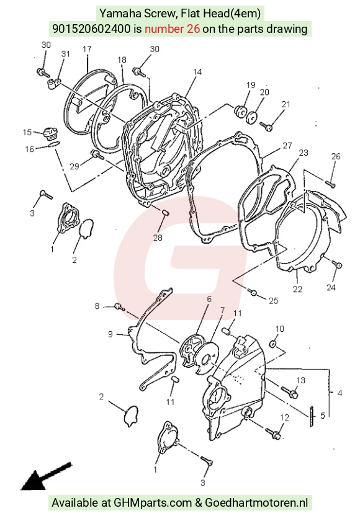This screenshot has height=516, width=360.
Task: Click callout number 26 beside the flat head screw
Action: coord(336,156)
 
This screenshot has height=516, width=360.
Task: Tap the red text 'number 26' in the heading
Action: coord(173,29)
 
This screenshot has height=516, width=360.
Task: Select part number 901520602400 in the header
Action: coord(92,29)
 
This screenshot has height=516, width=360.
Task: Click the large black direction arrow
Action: coord(45,477)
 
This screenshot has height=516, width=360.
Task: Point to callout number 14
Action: coord(197,72)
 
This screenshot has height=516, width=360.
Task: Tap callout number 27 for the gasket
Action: coord(287,146)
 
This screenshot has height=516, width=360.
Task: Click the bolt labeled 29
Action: coord(97,154)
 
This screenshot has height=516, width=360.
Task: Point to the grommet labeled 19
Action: coord(240,110)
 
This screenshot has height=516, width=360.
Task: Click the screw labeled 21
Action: coord(266,127)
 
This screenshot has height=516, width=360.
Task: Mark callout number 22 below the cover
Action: coord(297,289)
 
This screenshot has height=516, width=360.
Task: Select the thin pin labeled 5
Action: coord(311,416)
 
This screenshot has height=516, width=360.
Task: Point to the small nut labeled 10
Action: coord(273,344)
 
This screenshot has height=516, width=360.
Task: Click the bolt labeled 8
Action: coord(119,307)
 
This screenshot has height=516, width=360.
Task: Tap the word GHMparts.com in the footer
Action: coord(153,503)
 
